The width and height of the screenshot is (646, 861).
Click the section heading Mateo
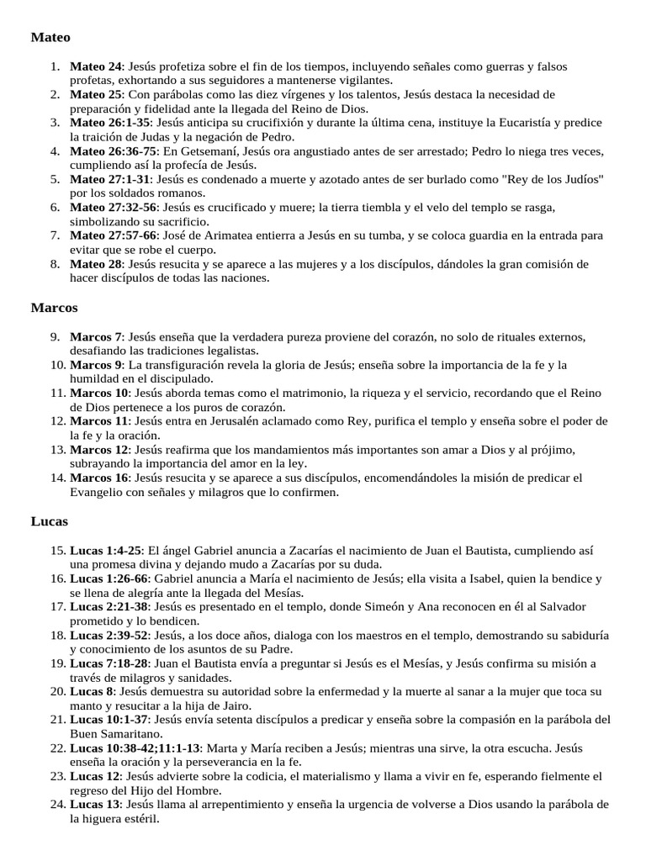(x=50, y=38)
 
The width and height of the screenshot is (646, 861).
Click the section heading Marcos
(x=54, y=308)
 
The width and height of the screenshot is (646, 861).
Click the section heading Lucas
(x=50, y=521)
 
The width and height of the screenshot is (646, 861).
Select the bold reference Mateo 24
(x=96, y=66)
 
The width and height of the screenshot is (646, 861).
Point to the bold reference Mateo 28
(x=96, y=264)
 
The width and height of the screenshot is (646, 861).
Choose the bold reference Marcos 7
(x=96, y=336)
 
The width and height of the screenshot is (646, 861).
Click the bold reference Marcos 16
(x=99, y=478)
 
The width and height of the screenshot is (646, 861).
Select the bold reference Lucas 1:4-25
(x=107, y=550)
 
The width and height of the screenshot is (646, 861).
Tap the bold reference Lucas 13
(x=93, y=805)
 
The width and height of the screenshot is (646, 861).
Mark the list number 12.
(x=57, y=421)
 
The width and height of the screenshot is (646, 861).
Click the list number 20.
(x=57, y=691)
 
